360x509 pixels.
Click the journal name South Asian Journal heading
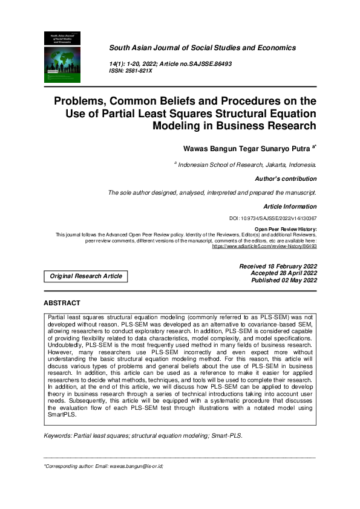tap(202, 47)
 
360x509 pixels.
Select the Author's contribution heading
tap(286, 179)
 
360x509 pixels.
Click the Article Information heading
tap(288, 207)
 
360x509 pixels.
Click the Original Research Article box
tap(85, 276)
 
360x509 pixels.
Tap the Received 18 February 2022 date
tap(278, 267)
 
